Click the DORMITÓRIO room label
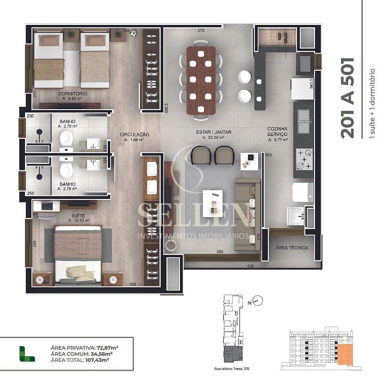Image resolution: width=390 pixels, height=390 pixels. click(x=73, y=94)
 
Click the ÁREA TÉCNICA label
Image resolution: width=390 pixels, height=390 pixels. click(x=291, y=248)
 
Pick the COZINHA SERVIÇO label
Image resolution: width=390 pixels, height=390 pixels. click(x=278, y=131)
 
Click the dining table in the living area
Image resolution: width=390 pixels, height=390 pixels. click(x=201, y=80)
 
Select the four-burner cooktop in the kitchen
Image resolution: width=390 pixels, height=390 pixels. click(x=304, y=160)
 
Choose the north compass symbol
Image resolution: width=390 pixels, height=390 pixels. click(x=258, y=301)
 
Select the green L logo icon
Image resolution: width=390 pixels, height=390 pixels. click(x=27, y=353)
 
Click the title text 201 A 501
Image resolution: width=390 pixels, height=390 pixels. click(x=347, y=98)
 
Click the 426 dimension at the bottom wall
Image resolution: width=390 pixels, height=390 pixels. click(x=250, y=266)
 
